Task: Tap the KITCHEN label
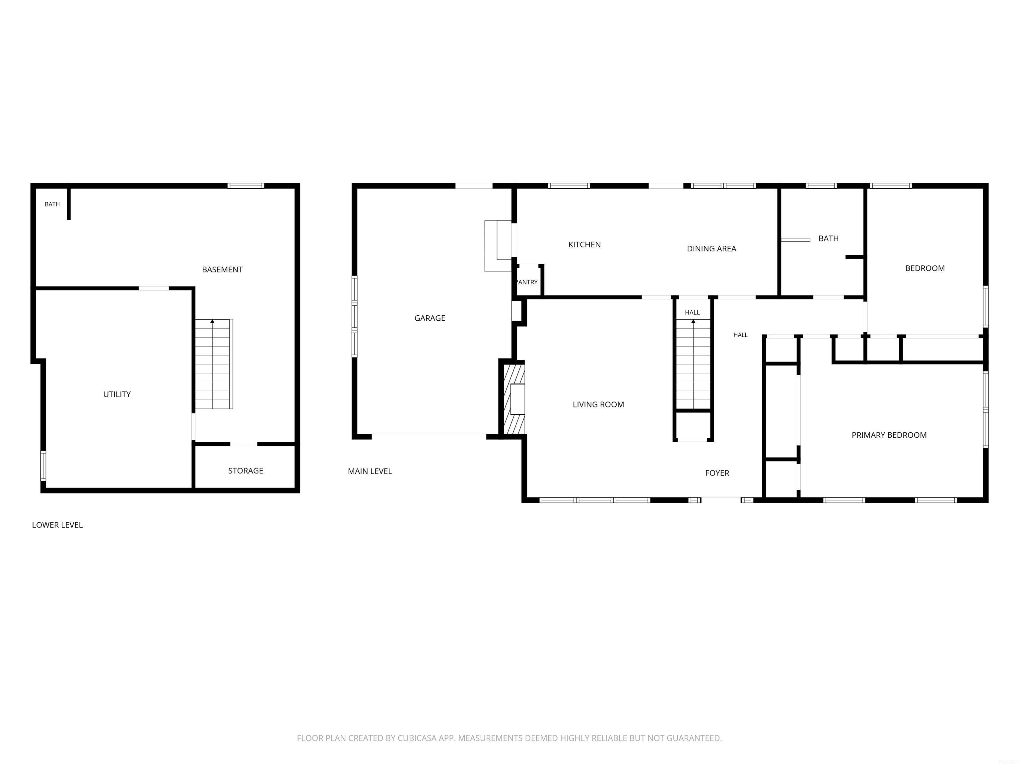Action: tap(584, 244)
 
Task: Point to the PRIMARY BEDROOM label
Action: tap(889, 435)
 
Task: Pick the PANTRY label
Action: tap(527, 282)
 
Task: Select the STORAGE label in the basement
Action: tap(245, 471)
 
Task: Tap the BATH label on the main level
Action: tap(828, 238)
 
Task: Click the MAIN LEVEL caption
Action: tap(370, 471)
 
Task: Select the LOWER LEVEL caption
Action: tap(57, 525)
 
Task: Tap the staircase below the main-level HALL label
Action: tap(693, 364)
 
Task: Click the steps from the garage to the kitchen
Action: tap(498, 246)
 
